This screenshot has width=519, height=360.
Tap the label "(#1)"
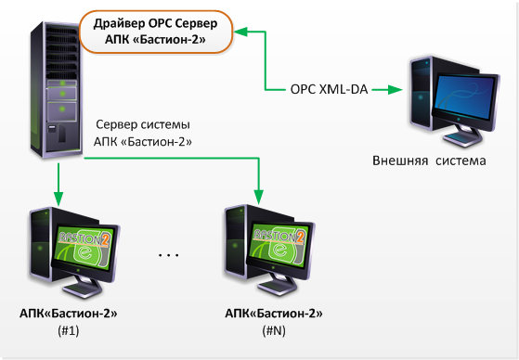click(70, 331)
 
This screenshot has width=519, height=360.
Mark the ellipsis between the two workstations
click(169, 253)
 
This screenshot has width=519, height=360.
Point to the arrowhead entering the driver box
click(239, 32)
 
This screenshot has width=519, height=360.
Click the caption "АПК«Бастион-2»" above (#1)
click(70, 315)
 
